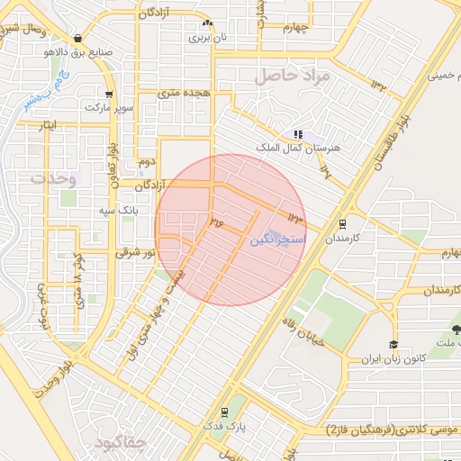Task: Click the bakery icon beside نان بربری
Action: click(208, 23)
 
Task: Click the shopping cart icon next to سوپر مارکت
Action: click(108, 94)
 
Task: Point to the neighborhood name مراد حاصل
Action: click(293, 76)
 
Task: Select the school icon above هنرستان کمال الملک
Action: click(298, 134)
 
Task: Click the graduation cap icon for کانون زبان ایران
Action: click(393, 345)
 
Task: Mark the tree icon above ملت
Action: click(455, 330)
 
